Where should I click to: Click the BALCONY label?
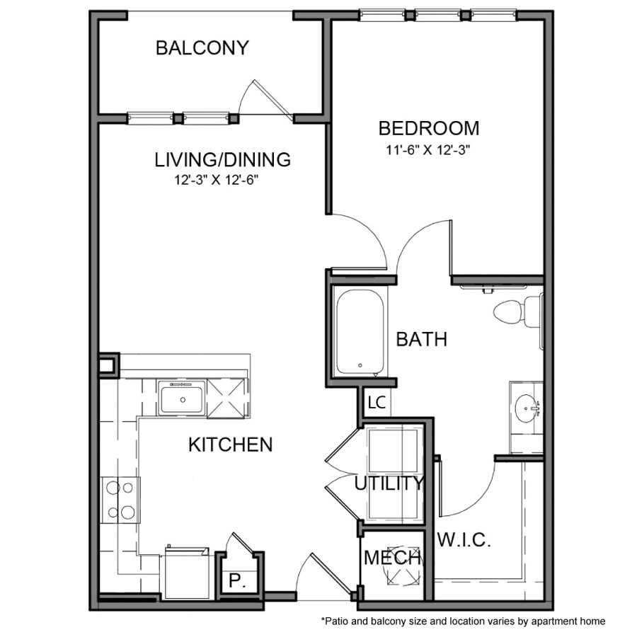202,48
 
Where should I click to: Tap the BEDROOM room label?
428,128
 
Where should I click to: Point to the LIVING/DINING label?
222,160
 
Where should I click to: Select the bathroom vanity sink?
527,408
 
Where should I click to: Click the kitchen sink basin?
182,397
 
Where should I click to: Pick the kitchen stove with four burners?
120,499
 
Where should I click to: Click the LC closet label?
377,403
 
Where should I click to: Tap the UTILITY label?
389,484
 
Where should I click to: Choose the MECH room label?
391,558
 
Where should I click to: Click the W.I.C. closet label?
464,541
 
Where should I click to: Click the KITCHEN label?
231,444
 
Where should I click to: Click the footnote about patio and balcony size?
463,621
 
